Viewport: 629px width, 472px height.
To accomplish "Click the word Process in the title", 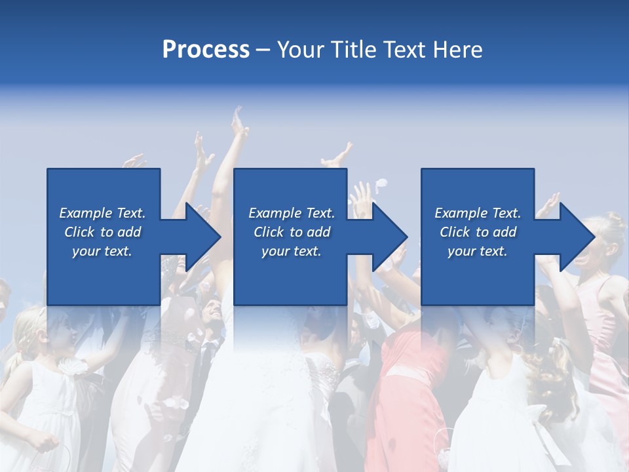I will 206,50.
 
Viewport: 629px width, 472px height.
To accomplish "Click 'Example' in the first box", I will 86,213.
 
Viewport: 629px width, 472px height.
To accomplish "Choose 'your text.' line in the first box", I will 102,251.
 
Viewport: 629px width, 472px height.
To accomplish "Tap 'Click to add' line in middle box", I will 292,232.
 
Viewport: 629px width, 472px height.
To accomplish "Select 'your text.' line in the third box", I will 477,251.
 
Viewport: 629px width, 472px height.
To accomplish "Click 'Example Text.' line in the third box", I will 477,213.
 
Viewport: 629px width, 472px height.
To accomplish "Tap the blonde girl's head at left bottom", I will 29,328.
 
